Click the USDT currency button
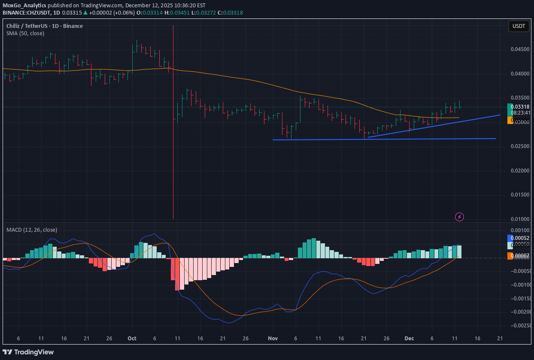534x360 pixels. pyautogui.click(x=519, y=26)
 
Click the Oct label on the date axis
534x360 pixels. pyautogui.click(x=132, y=338)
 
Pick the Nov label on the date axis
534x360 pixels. pyautogui.click(x=273, y=338)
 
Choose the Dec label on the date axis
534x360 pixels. pyautogui.click(x=409, y=338)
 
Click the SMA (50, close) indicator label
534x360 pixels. pyautogui.click(x=25, y=33)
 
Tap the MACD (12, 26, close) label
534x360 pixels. pyautogui.click(x=32, y=230)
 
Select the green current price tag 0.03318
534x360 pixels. pyautogui.click(x=520, y=106)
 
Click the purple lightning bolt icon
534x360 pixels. pyautogui.click(x=459, y=217)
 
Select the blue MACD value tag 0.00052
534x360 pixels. pyautogui.click(x=520, y=238)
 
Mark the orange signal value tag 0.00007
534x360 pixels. pyautogui.click(x=520, y=256)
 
